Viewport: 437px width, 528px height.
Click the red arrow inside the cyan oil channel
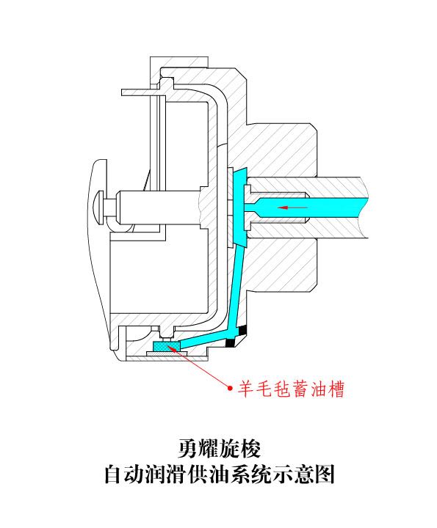click(292, 208)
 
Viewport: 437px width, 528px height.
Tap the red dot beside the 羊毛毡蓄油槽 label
click(231, 388)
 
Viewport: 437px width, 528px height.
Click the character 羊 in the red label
click(246, 389)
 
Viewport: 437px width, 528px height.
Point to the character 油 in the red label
click(318, 389)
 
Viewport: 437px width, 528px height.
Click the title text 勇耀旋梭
click(219, 448)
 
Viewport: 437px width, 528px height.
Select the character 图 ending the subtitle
click(324, 474)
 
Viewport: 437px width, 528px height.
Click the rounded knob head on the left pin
click(98, 208)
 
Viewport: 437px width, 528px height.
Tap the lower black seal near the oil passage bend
click(231, 342)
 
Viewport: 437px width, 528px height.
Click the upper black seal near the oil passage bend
click(242, 330)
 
